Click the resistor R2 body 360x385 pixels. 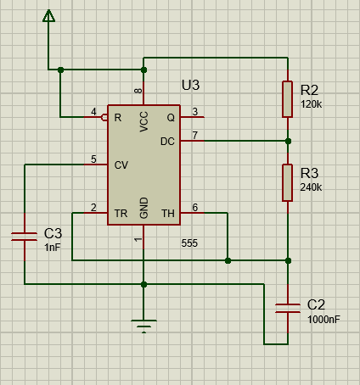(x=287, y=99)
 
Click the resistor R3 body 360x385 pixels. (x=287, y=182)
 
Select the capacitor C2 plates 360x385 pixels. (x=288, y=308)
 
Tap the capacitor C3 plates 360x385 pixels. (x=25, y=237)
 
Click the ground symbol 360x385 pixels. (x=143, y=326)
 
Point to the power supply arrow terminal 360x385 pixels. (x=48, y=16)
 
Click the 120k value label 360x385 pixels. (x=311, y=104)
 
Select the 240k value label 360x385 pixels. (x=311, y=187)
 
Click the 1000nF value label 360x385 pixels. (x=323, y=320)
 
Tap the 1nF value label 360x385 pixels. (x=53, y=248)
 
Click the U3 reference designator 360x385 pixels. (x=190, y=85)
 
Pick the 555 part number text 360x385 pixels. (x=189, y=243)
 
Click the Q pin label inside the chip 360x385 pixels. (x=171, y=118)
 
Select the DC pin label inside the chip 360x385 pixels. (x=167, y=142)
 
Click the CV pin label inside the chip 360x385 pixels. (x=121, y=165)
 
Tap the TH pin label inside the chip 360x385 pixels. (x=168, y=214)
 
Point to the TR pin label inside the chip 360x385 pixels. (x=121, y=214)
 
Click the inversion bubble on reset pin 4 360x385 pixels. (x=104, y=117)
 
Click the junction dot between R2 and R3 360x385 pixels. (x=288, y=141)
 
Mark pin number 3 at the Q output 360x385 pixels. (x=195, y=112)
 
